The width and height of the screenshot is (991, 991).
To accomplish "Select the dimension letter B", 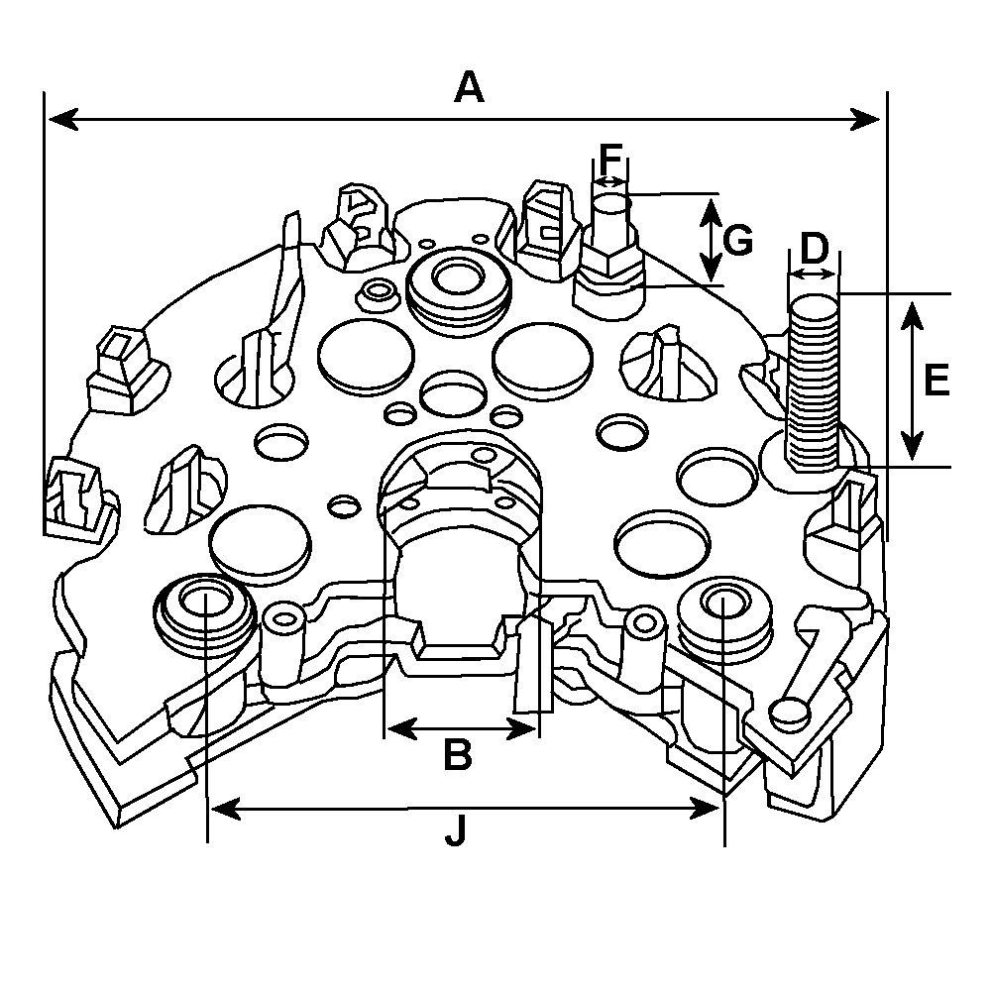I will (x=456, y=755).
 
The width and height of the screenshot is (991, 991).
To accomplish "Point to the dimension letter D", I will (x=814, y=249).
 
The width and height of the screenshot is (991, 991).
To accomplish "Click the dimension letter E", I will (x=936, y=380).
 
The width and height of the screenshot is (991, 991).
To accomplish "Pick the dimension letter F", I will (x=610, y=158).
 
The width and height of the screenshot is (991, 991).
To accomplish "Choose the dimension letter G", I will (x=738, y=240).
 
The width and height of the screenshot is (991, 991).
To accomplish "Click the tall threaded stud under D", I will (x=813, y=382).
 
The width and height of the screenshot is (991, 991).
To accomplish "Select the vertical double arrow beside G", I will (x=712, y=239).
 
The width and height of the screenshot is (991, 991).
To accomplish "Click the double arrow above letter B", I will (x=460, y=729).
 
